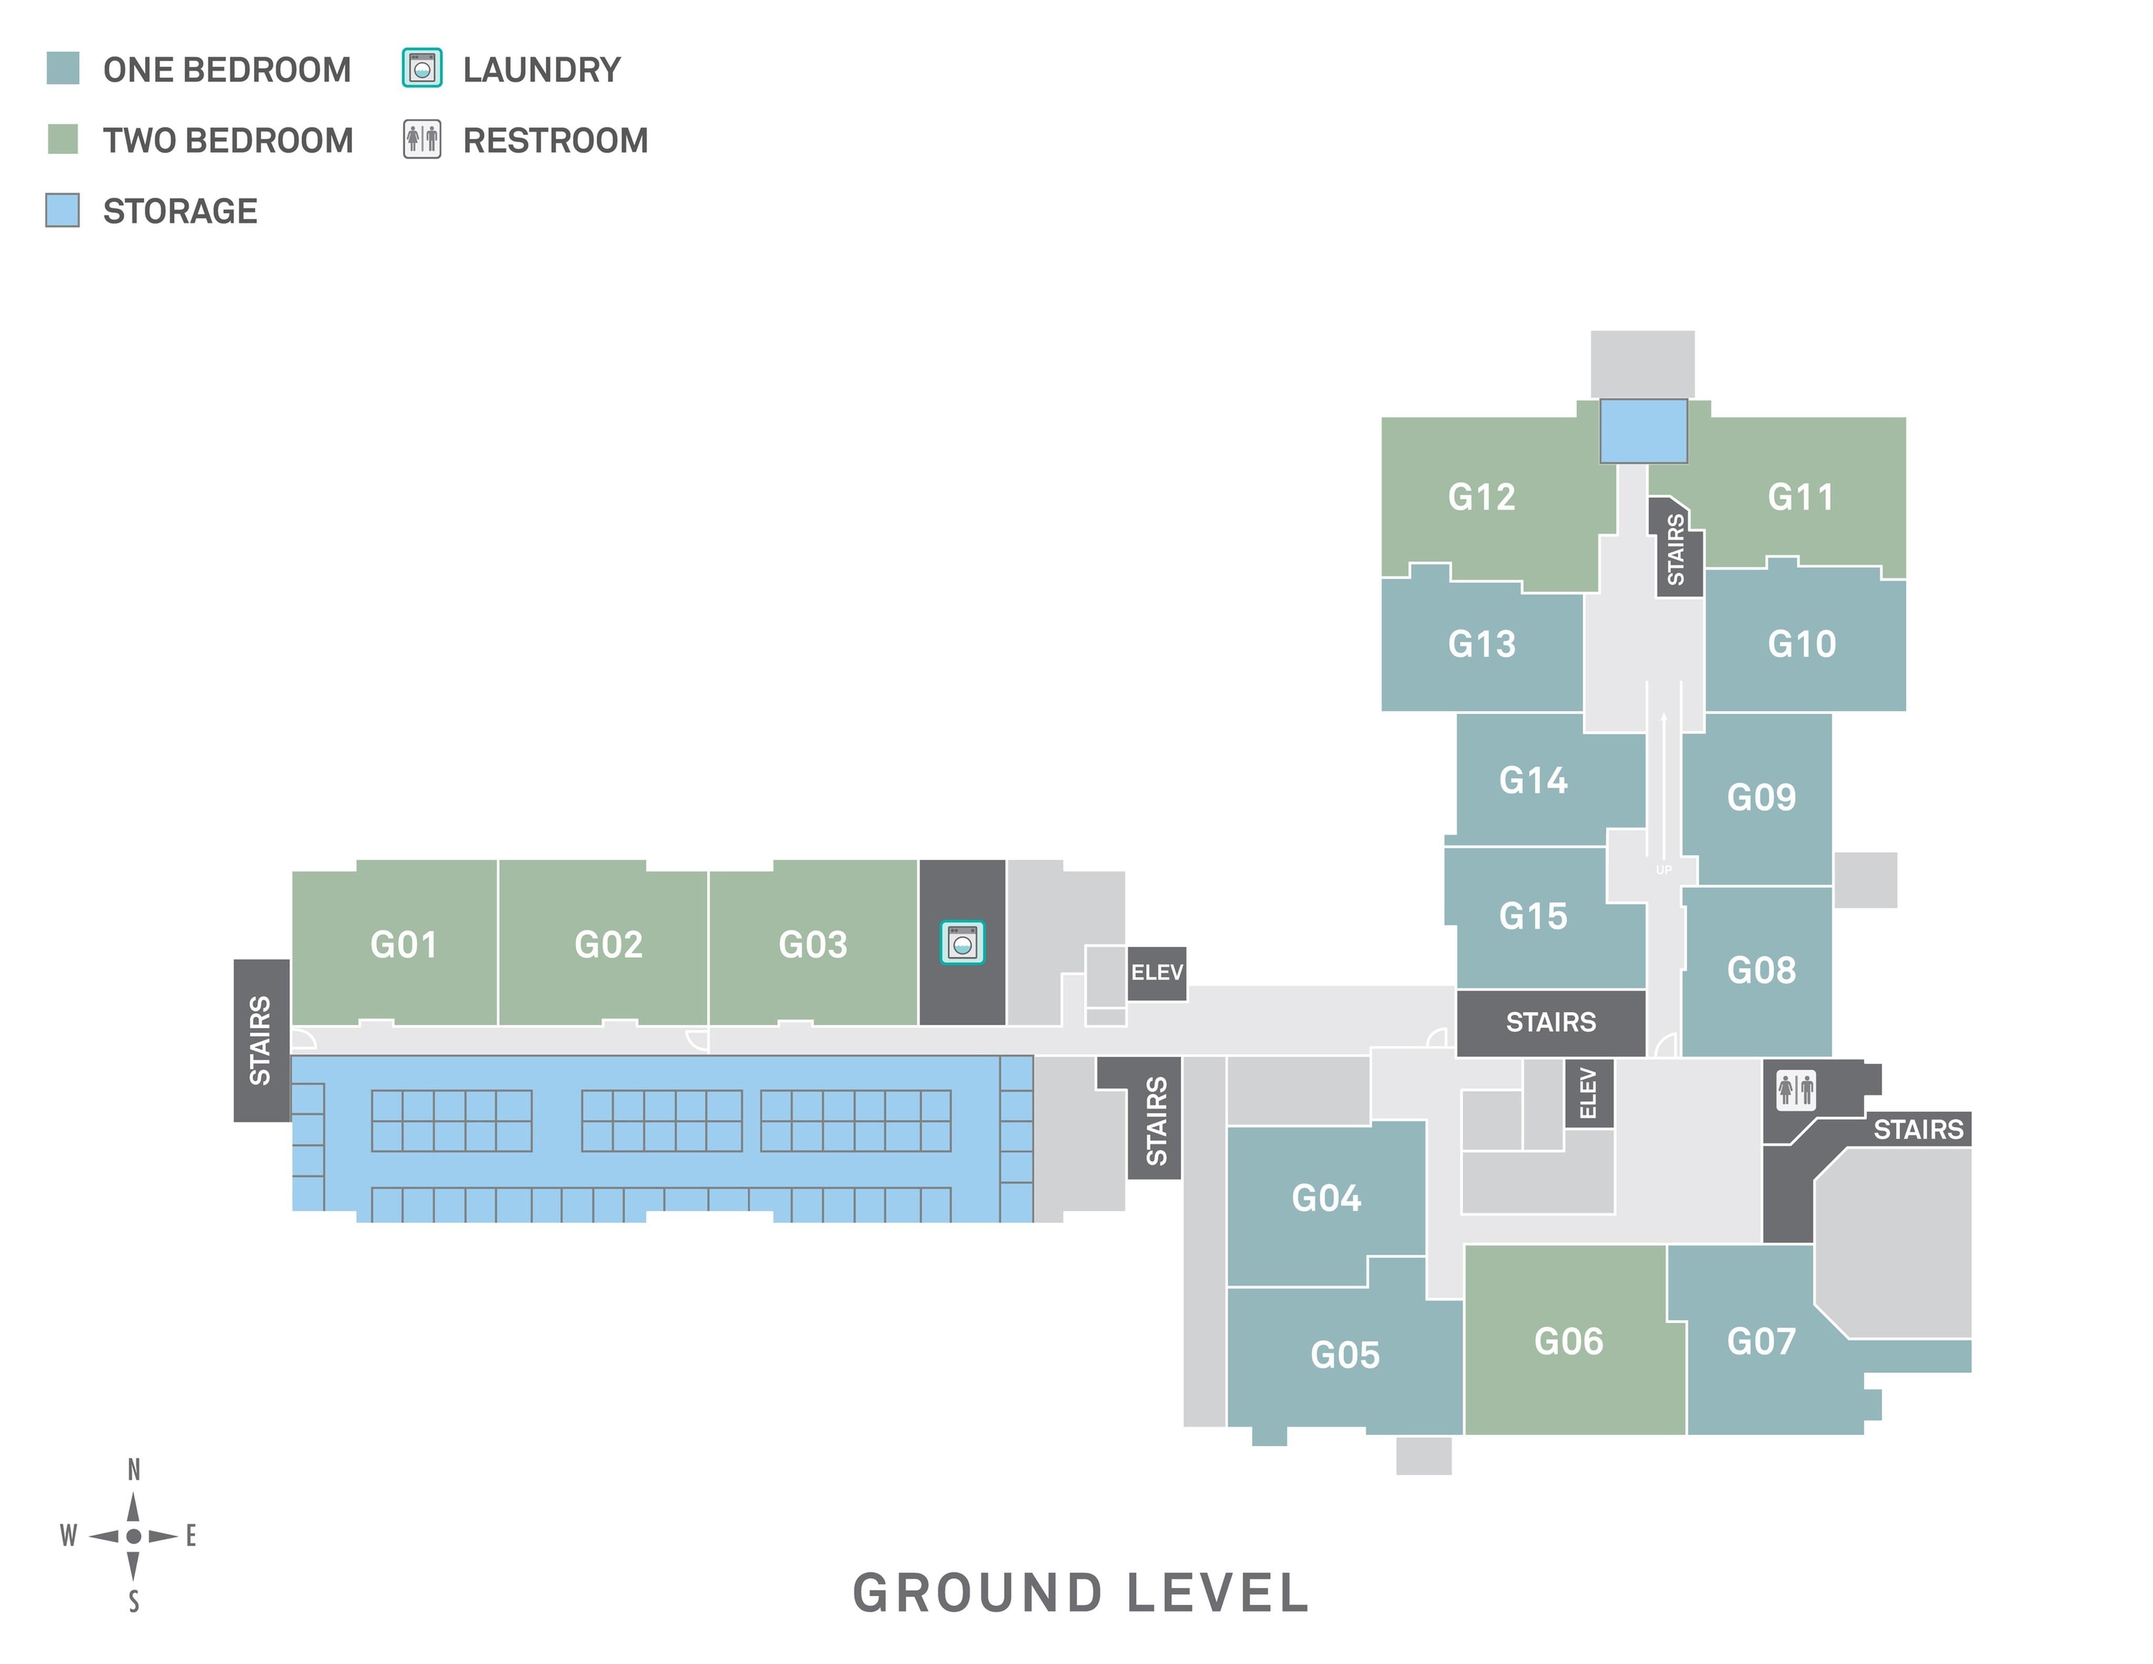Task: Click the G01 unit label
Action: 403,944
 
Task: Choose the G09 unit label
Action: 1761,797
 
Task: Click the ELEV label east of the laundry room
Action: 1156,973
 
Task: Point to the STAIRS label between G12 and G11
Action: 1675,549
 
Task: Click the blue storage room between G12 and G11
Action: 1643,431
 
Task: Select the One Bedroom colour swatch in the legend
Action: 63,69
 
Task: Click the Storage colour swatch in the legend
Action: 63,210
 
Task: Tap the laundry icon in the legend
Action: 422,68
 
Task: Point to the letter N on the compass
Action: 134,1470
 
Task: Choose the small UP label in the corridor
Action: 1664,870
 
